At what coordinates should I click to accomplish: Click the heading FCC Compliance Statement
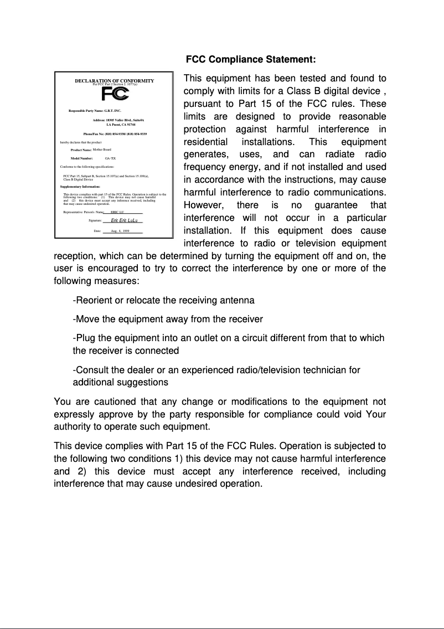(251, 59)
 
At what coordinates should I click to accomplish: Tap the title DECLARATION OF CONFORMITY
(114, 81)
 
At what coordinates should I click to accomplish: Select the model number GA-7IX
(110, 158)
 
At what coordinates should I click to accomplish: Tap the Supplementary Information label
(80, 187)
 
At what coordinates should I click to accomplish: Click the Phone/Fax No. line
(115, 135)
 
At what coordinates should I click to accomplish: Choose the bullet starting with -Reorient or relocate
(163, 300)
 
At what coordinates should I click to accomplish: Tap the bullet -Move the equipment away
(167, 319)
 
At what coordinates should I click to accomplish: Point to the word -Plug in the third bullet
(84, 338)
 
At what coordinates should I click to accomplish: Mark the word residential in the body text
(205, 142)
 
